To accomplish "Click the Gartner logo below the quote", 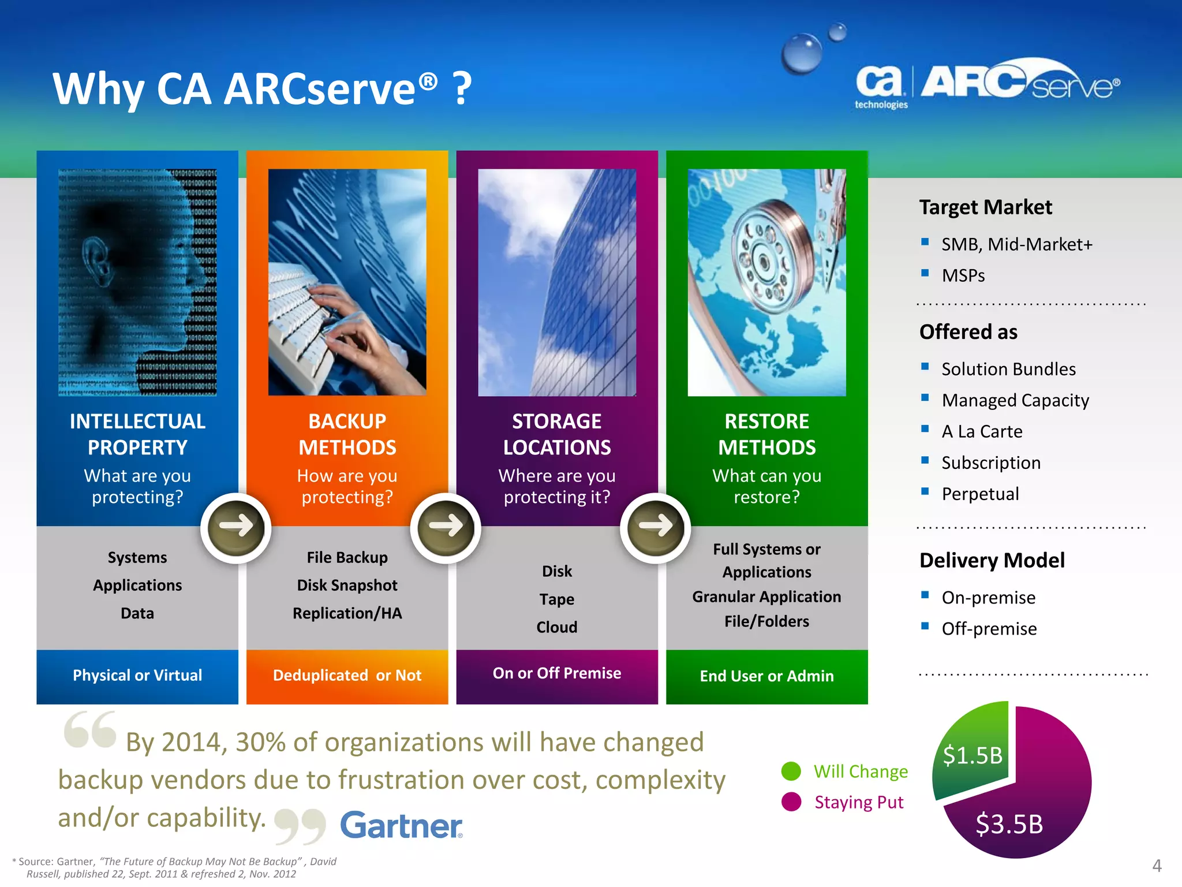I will coord(401,825).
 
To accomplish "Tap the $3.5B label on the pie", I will coord(1009,824).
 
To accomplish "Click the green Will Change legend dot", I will coord(791,771).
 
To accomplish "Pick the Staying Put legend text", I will coord(859,802).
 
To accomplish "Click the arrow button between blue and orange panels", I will coord(236,527).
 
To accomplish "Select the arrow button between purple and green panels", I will coord(656,527).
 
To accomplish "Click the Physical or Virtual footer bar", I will coord(137,676).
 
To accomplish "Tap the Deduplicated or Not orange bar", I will coord(347,676).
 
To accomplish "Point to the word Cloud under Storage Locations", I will coord(556,627).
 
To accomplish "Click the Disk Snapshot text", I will coord(347,586).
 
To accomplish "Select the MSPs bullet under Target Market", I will coord(963,276).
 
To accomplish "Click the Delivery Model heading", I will coord(992,561).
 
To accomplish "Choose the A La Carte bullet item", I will coord(982,432).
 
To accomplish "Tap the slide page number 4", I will coord(1157,866).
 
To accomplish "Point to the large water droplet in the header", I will coord(802,53).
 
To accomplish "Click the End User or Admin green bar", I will coord(766,676).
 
